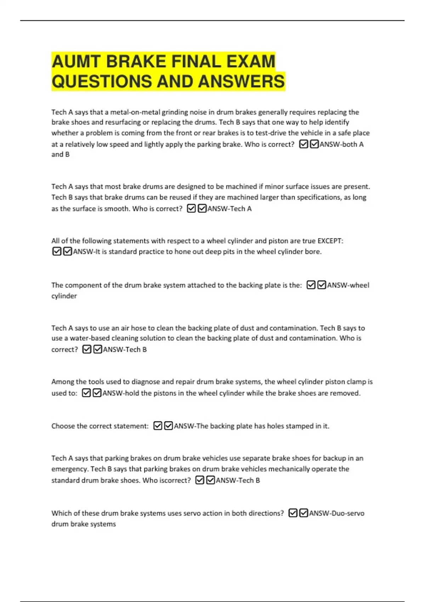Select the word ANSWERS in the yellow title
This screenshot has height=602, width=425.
[241, 81]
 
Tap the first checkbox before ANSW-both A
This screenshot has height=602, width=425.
[304, 144]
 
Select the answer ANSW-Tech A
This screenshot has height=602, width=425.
[229, 209]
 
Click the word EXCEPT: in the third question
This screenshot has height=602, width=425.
[330, 241]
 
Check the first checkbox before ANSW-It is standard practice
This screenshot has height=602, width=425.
[57, 251]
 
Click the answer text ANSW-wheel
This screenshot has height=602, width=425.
[348, 285]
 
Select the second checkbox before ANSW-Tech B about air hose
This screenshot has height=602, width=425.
[97, 350]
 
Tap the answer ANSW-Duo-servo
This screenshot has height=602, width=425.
[336, 513]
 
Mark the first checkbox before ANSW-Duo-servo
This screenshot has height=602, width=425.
[293, 513]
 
